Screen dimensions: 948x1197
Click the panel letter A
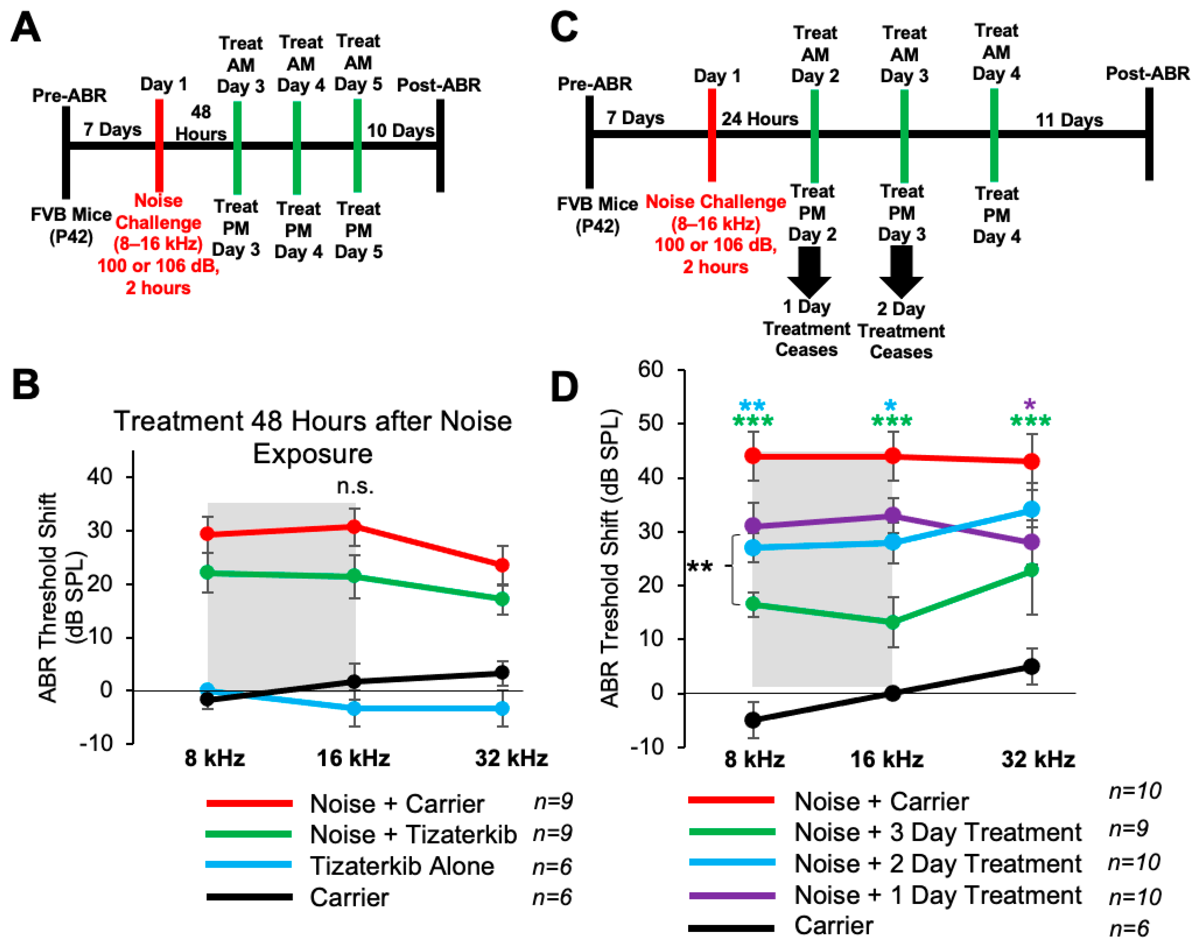click(x=26, y=28)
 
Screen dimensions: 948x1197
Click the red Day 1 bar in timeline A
click(x=159, y=146)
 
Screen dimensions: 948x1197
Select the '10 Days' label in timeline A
click(x=400, y=131)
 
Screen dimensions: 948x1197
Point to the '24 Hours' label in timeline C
click(x=759, y=119)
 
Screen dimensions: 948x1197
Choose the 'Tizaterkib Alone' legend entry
click(x=401, y=866)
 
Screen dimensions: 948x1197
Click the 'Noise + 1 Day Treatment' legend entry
click(x=937, y=895)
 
